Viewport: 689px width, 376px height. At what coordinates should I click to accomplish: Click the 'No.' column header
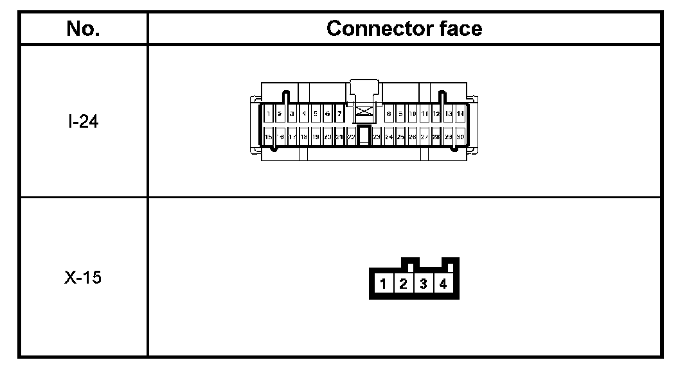(x=83, y=28)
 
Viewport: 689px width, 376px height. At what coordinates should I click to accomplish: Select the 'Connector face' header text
(x=404, y=28)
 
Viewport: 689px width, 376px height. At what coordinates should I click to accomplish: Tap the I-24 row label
(x=83, y=121)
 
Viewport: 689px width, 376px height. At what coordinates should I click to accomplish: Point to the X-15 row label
(x=83, y=279)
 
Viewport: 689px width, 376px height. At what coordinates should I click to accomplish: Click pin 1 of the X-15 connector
(x=383, y=284)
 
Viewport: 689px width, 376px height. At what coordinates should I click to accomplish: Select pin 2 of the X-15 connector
(x=403, y=284)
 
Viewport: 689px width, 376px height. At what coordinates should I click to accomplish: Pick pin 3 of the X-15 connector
(x=423, y=284)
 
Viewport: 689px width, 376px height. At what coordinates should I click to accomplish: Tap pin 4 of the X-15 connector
(x=443, y=284)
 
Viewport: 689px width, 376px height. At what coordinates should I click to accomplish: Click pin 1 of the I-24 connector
(x=269, y=114)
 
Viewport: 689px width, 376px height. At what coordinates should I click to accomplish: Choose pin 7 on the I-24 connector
(x=339, y=114)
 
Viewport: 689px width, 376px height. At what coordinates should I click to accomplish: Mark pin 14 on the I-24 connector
(x=460, y=114)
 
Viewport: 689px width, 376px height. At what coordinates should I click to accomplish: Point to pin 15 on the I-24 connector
(x=269, y=137)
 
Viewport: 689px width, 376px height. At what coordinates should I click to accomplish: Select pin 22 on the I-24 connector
(x=351, y=137)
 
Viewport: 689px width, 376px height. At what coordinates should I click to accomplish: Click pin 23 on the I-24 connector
(x=377, y=137)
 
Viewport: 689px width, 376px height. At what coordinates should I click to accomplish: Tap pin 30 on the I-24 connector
(x=460, y=137)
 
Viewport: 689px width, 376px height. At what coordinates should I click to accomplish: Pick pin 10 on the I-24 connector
(x=413, y=114)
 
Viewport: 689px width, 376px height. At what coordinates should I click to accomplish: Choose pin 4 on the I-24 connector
(x=304, y=114)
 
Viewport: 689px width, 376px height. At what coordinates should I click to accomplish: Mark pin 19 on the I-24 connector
(x=316, y=137)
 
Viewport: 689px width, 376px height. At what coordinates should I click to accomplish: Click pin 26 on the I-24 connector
(x=413, y=137)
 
